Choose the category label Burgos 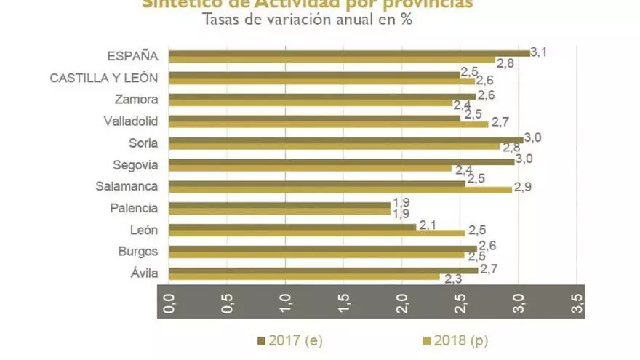pos(137,252)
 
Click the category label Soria pos(143,143)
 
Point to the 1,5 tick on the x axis pos(344,301)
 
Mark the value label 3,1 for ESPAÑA pos(539,52)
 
